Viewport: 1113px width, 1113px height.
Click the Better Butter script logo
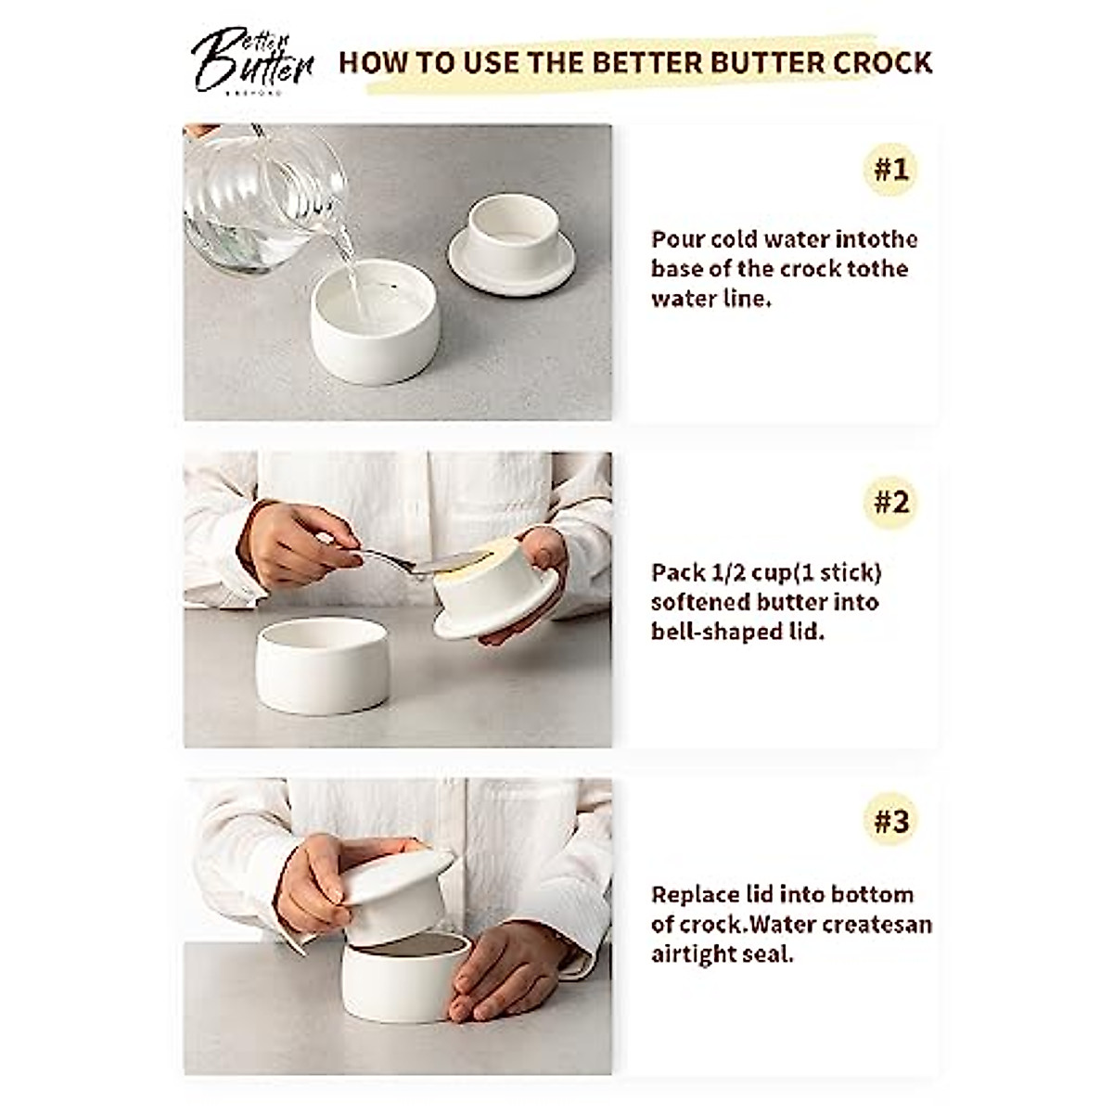(251, 60)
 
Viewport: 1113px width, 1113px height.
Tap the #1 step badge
(890, 170)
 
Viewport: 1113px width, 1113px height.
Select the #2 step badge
(890, 503)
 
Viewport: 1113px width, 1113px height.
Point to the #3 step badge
(890, 821)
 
